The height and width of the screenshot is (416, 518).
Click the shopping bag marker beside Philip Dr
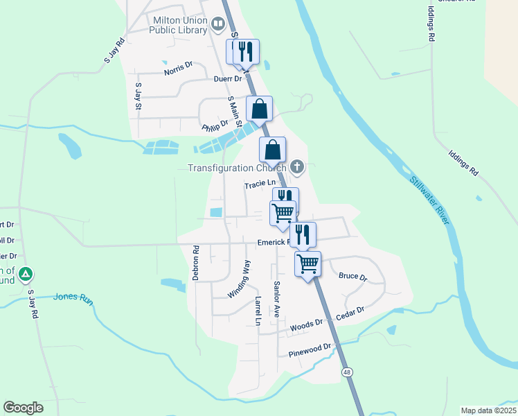259,109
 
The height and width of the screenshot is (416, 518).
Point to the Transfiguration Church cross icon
297,166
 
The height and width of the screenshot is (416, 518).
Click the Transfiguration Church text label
236,168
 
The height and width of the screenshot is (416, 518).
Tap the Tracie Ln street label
260,184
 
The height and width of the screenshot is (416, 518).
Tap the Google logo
23,408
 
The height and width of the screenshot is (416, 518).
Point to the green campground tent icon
26,275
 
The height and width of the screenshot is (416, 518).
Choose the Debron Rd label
196,261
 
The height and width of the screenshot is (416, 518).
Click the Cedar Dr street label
350,314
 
